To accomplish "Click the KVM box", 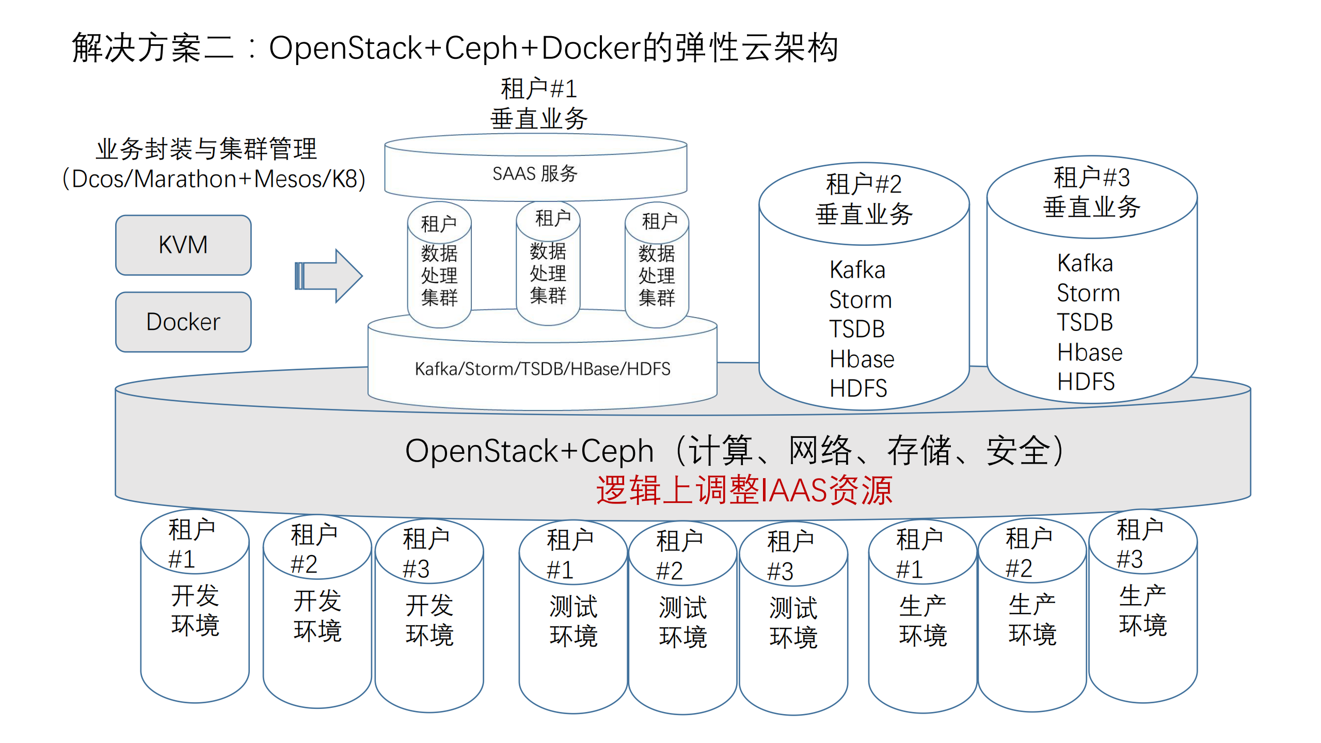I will click(x=183, y=245).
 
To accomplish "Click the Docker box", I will click(x=183, y=322).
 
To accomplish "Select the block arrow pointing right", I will click(x=329, y=276).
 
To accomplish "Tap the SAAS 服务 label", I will click(x=535, y=173).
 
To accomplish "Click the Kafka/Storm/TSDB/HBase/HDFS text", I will click(x=542, y=369).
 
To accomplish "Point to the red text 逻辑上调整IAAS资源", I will click(x=744, y=489).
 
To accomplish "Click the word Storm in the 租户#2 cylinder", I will click(x=860, y=299).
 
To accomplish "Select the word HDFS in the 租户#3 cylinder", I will click(x=1086, y=382).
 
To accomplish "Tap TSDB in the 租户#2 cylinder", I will click(x=857, y=329).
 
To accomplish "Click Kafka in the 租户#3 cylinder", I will click(x=1085, y=263).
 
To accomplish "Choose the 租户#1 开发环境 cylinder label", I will click(x=195, y=609).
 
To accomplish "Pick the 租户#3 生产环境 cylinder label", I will click(x=1142, y=609).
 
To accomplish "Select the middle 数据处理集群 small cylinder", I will click(x=548, y=274).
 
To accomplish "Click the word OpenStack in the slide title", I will click(x=345, y=48).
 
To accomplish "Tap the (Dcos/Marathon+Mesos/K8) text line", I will click(x=214, y=179).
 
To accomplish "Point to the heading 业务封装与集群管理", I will click(x=206, y=149).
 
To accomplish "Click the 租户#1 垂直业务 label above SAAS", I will click(x=538, y=104).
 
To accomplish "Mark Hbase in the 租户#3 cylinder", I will click(x=1089, y=353).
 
